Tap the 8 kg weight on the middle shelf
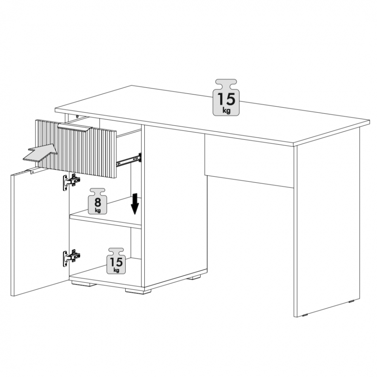pyautogui.click(x=97, y=201)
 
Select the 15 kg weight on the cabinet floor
pyautogui.click(x=116, y=261)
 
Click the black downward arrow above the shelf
pyautogui.click(x=135, y=204)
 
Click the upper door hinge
pyautogui.click(x=71, y=182)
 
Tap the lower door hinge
pyautogui.click(x=71, y=257)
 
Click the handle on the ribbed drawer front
pyautogui.click(x=75, y=128)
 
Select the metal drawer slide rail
pyautogui.click(x=129, y=159)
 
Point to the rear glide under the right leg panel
pyautogui.click(x=352, y=301)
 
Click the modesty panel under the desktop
pyautogui.click(x=249, y=161)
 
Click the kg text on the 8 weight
pyautogui.click(x=97, y=211)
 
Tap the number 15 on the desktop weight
pyautogui.click(x=226, y=99)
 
